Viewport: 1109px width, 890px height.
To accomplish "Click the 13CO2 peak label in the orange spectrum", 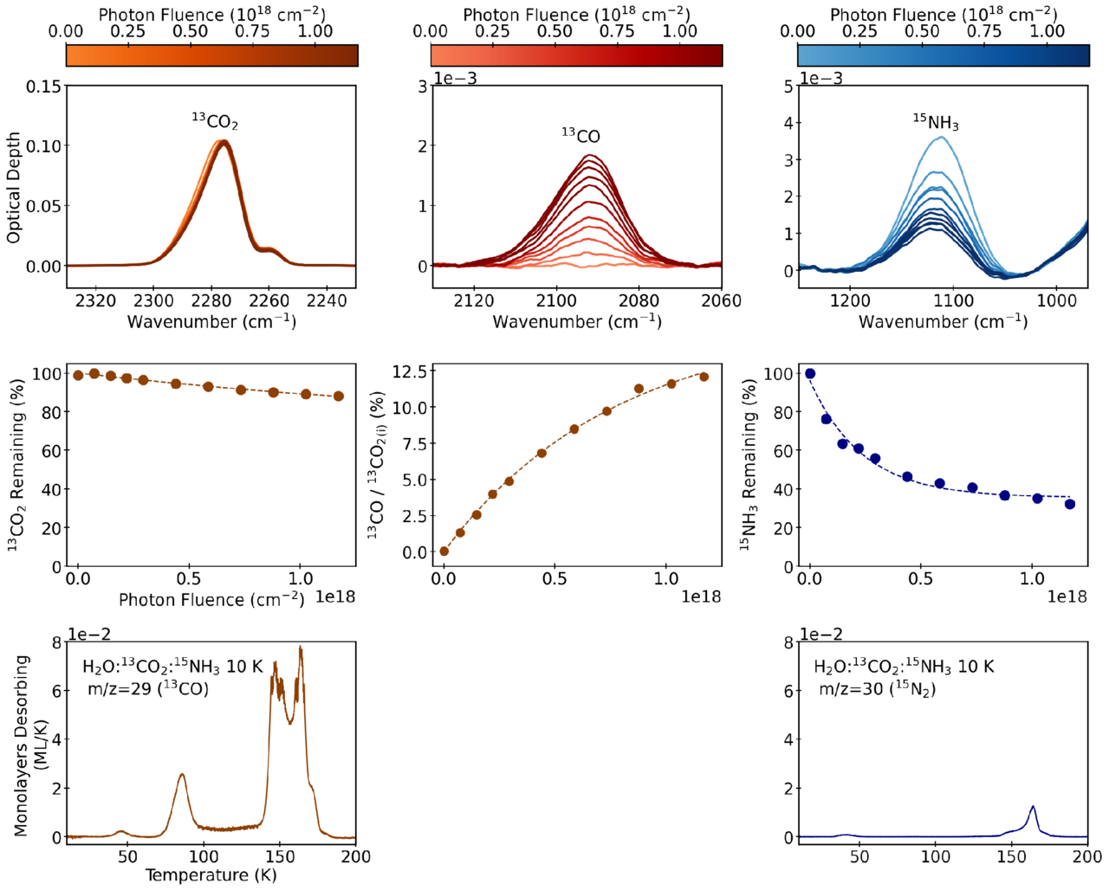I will pyautogui.click(x=215, y=121).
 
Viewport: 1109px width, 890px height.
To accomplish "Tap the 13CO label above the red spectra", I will pyautogui.click(x=580, y=136).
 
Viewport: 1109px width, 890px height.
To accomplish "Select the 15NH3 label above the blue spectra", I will pyautogui.click(x=936, y=123).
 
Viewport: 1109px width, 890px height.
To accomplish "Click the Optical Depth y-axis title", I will pyautogui.click(x=14, y=188).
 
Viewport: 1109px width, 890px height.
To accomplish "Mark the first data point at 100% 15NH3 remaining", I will pyautogui.click(x=810, y=374).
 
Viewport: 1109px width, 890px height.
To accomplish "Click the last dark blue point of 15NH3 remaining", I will pyautogui.click(x=1070, y=504).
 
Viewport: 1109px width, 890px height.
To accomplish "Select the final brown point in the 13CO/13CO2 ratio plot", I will pyautogui.click(x=704, y=377).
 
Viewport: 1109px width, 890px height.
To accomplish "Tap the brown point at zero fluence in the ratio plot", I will pyautogui.click(x=444, y=551).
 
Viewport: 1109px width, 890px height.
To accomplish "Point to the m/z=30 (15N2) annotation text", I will pyautogui.click(x=877, y=689).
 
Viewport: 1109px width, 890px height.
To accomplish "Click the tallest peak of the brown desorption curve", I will pyautogui.click(x=301, y=648).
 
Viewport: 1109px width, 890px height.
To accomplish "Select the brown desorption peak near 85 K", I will pyautogui.click(x=182, y=775).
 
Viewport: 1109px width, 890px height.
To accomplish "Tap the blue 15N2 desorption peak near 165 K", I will pyautogui.click(x=1033, y=807).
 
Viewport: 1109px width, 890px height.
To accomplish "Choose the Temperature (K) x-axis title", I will pyautogui.click(x=211, y=875).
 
